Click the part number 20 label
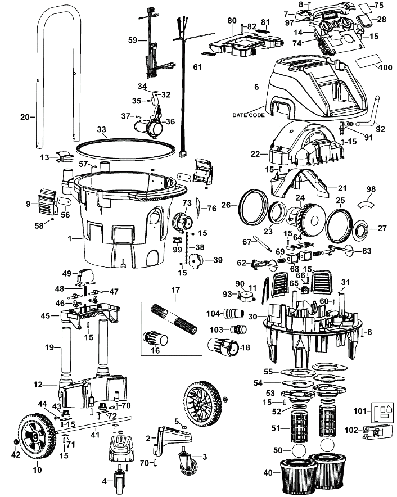coord(25,117)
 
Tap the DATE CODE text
coord(249,115)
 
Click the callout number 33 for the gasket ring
coord(101,130)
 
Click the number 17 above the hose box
coord(175,290)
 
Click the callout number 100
coord(386,67)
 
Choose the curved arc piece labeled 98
coord(366,204)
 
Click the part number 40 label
coord(268,473)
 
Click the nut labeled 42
coord(15,442)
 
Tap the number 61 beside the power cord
coord(197,67)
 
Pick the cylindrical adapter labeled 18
coord(222,347)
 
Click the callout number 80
coord(232,21)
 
